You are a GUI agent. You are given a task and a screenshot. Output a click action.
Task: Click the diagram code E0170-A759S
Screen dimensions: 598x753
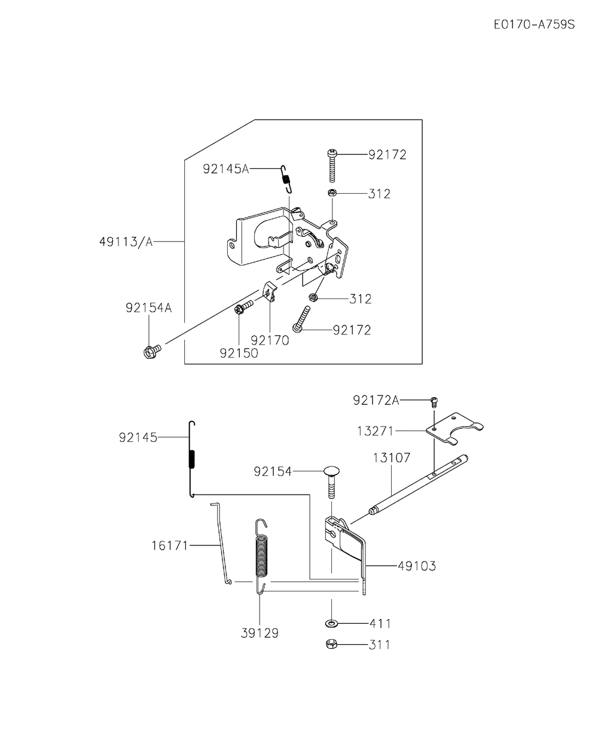tap(534, 25)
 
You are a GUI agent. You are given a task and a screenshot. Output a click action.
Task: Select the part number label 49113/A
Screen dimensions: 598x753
tap(126, 242)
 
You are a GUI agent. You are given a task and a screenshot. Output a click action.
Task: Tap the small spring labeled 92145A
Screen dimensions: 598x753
tap(286, 179)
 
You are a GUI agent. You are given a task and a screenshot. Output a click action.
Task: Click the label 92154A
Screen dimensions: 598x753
tap(149, 308)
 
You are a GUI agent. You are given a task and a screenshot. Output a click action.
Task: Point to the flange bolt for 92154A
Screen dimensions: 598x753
tap(151, 350)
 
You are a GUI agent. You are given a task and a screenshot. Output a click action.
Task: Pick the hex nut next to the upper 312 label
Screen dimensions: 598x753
tap(332, 193)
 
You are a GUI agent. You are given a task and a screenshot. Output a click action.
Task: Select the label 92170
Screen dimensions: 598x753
tap(270, 340)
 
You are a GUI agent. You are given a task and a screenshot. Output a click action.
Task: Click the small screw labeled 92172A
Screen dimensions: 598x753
tap(434, 402)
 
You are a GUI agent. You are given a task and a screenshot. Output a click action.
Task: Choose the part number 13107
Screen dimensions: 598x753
tap(391, 458)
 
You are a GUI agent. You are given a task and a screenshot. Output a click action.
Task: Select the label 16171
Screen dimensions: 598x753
tap(170, 545)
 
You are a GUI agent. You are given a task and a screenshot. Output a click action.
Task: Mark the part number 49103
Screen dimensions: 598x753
tap(417, 566)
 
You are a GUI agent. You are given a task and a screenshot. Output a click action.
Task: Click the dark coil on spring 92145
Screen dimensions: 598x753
tap(191, 459)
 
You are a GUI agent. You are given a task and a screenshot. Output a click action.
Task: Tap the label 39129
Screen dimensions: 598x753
tap(260, 633)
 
